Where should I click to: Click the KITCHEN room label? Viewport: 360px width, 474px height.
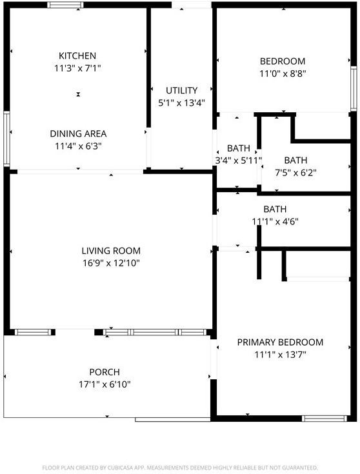click(77, 56)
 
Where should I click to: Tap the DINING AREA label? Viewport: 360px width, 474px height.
click(78, 133)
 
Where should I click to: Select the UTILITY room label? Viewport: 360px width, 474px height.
click(181, 90)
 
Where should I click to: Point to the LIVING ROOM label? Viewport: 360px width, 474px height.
click(111, 251)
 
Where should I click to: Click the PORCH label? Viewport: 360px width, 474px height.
click(105, 372)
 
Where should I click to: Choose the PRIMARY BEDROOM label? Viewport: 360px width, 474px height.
click(280, 342)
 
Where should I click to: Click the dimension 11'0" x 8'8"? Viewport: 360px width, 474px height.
click(283, 74)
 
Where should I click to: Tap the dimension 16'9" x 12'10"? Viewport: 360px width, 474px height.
click(111, 263)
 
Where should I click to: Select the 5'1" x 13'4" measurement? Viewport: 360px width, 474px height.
click(181, 103)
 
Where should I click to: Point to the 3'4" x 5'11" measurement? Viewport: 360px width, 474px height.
click(238, 161)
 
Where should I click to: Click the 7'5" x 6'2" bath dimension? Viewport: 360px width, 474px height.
click(295, 173)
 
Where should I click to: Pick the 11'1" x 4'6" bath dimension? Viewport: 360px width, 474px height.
click(275, 222)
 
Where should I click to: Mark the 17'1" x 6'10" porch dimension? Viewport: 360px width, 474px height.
click(105, 384)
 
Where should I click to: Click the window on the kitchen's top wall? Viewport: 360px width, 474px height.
click(65, 5)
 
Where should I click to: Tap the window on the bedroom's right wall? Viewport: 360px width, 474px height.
click(354, 88)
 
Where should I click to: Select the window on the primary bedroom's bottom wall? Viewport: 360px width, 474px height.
click(325, 419)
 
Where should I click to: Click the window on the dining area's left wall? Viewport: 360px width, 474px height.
click(6, 139)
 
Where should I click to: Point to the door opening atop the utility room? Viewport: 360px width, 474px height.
click(192, 5)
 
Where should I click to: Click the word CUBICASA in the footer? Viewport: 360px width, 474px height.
click(119, 468)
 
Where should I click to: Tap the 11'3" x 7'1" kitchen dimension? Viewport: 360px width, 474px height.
click(77, 68)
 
